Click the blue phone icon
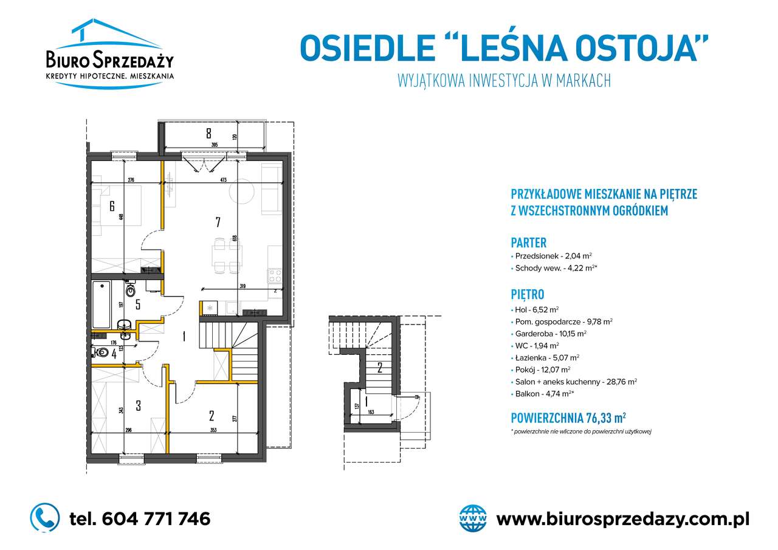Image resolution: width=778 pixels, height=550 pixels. point(45,518)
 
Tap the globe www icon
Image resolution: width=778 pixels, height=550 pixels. point(473,518)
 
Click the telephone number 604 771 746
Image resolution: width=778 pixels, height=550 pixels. point(140,518)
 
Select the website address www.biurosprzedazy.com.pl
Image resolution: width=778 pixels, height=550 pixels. point(622,519)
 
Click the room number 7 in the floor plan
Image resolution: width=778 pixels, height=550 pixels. point(217,222)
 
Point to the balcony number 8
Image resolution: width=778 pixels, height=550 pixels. point(208,132)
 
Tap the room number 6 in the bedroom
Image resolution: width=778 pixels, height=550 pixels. point(112,206)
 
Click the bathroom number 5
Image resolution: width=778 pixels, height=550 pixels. point(138,304)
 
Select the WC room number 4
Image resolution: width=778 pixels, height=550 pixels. point(114,353)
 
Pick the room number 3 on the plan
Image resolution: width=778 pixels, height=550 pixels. point(138,405)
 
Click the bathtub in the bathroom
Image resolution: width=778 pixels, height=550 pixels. point(101,303)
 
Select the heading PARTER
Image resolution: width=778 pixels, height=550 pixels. point(528,242)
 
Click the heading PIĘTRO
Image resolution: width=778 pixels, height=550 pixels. point(527,295)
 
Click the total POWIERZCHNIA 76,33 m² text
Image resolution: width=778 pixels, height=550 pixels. point(568,418)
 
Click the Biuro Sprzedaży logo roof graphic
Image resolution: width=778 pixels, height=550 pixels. point(109,36)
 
